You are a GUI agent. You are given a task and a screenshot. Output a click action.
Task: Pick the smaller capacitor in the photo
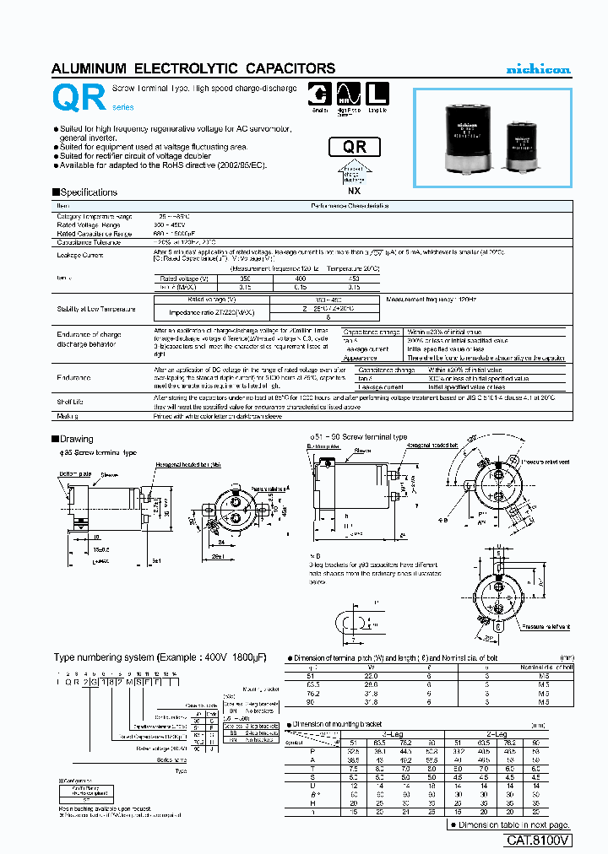click(524, 147)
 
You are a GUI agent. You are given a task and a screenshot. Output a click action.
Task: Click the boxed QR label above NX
click(355, 147)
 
